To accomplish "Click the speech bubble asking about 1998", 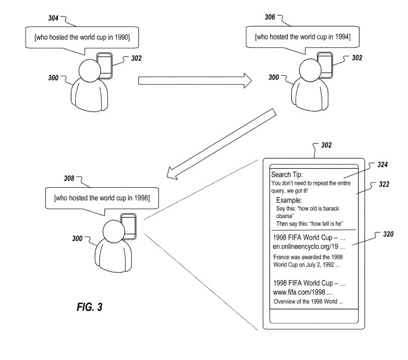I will (x=101, y=197).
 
